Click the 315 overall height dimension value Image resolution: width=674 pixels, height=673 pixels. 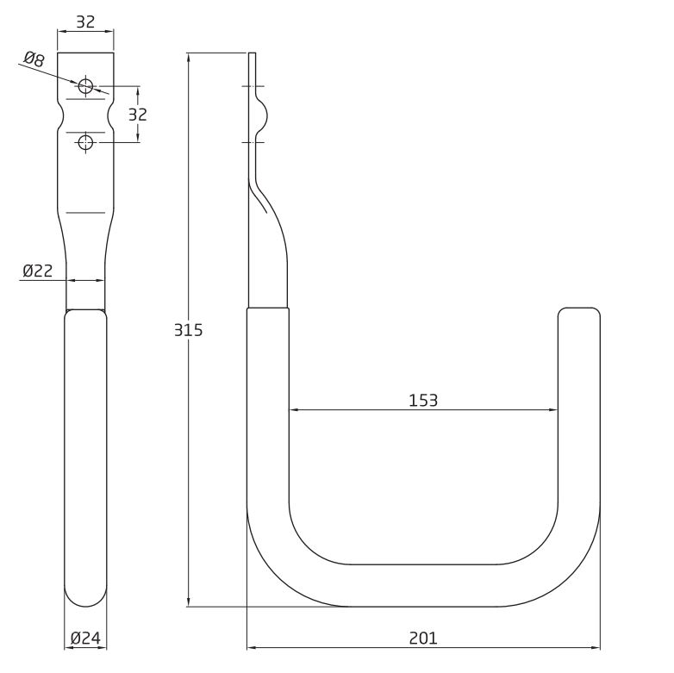click(189, 330)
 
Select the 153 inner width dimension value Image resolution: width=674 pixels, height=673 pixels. click(423, 400)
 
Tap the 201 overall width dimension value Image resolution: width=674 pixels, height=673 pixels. click(423, 638)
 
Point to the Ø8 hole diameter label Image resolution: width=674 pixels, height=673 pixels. click(33, 59)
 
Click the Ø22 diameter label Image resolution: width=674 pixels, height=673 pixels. click(38, 271)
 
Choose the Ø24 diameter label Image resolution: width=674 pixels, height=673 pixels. click(85, 639)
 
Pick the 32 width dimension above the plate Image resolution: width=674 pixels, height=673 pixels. click(85, 22)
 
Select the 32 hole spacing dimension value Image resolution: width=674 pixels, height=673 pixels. click(138, 114)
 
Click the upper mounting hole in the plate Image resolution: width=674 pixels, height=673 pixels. click(85, 85)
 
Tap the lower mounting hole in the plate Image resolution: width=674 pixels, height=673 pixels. click(85, 142)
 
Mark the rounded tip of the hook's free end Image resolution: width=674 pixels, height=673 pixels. click(578, 313)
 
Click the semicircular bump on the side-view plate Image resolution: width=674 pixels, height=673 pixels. click(265, 114)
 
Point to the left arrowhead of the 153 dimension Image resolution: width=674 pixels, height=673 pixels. click(293, 410)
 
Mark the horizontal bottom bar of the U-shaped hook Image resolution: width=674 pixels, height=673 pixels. click(423, 585)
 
